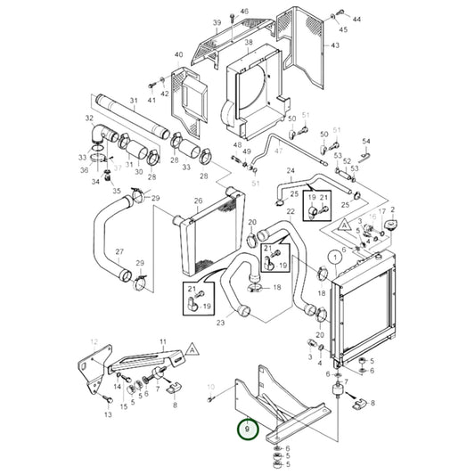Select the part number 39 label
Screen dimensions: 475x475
tap(217, 22)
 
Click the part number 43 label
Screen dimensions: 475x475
tap(335, 45)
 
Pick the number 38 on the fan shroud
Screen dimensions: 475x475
tap(249, 43)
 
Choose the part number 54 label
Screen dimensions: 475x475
tap(365, 142)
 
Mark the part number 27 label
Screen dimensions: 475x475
tap(119, 252)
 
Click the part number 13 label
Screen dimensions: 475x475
tap(108, 414)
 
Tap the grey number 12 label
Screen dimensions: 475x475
tap(94, 343)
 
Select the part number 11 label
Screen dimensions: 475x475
tap(162, 343)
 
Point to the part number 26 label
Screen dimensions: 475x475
tap(198, 201)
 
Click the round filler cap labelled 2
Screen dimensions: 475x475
tap(389, 221)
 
